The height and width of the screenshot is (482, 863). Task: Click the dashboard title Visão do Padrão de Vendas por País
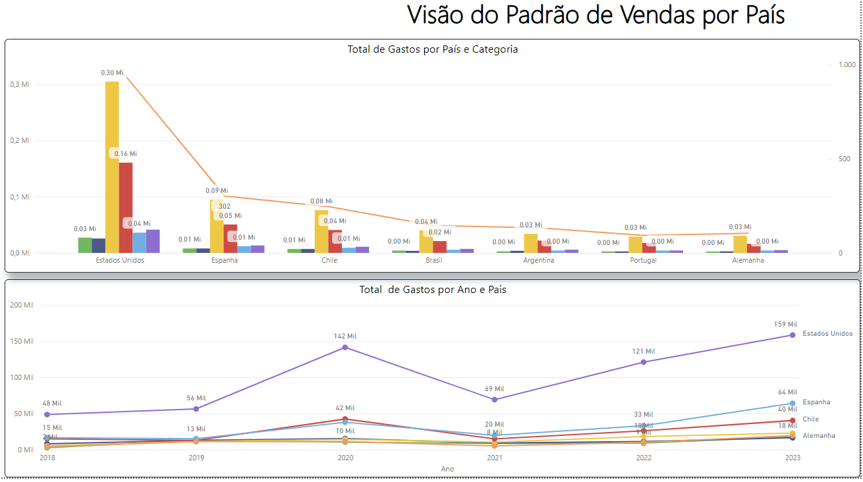click(596, 16)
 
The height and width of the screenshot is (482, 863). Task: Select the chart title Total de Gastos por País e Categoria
click(432, 49)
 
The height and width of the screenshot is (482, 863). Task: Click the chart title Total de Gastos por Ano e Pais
click(432, 289)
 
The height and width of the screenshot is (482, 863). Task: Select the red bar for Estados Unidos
click(126, 207)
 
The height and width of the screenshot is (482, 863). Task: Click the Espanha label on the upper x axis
click(225, 260)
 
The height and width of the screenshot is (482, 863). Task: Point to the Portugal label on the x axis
click(643, 260)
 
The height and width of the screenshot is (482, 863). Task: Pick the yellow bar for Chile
click(321, 231)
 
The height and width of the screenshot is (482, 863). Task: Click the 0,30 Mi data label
click(112, 73)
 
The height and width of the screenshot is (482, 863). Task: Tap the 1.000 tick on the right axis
click(847, 65)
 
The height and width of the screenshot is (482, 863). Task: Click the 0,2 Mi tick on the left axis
click(20, 140)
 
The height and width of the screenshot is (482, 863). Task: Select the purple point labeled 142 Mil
click(345, 347)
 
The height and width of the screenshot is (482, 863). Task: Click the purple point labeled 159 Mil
click(793, 335)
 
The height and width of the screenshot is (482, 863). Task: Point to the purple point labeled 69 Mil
click(494, 399)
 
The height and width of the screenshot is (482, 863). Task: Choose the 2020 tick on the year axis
click(345, 458)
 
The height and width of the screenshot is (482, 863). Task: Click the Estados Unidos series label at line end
click(827, 334)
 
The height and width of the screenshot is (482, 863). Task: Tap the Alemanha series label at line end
click(819, 436)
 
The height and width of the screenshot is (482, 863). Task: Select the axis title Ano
click(447, 469)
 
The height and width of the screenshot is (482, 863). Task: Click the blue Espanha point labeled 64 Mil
click(793, 403)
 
